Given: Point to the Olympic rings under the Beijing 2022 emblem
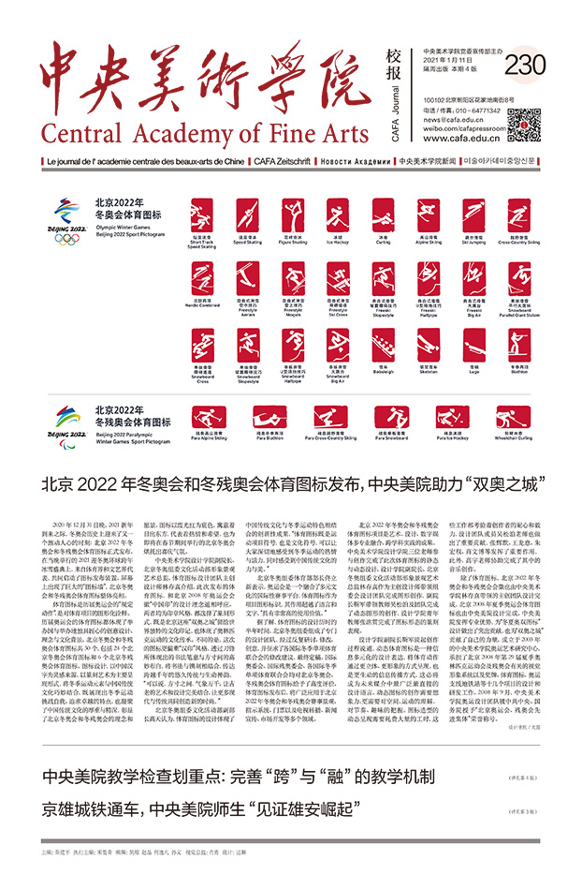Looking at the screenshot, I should point(67,239).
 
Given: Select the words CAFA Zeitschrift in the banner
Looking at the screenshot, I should point(281,161).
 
